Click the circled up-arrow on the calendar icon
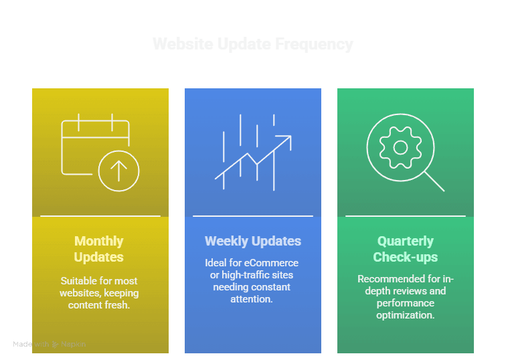(x=118, y=171)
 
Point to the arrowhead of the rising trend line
(x=287, y=139)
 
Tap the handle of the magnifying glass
(x=434, y=180)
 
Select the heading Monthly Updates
(x=99, y=249)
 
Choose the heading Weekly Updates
(x=253, y=241)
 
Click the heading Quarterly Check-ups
(x=405, y=249)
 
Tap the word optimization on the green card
(x=405, y=314)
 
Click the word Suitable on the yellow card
(x=79, y=281)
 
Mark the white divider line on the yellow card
(x=100, y=216)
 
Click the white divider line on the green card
(x=405, y=216)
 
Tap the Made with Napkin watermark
(x=49, y=344)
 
